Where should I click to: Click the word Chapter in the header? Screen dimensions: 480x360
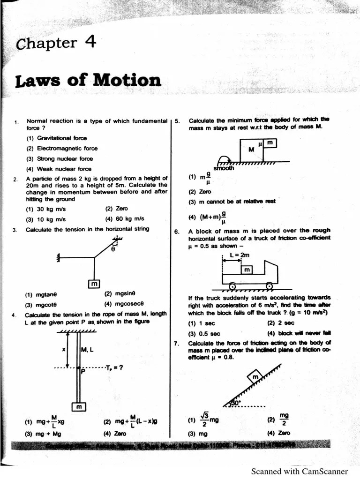click(46, 44)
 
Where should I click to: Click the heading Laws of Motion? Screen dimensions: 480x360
click(88, 80)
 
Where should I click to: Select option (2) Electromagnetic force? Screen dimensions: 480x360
click(62, 149)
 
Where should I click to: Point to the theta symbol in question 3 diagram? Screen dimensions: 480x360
click(112, 249)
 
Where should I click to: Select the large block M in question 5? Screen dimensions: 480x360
click(251, 150)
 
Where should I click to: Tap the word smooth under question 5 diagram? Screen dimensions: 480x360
click(224, 168)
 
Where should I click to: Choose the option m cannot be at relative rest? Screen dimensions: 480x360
click(232, 202)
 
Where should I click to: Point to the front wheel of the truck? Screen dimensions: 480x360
click(269, 285)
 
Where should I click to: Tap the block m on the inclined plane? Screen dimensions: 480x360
click(255, 376)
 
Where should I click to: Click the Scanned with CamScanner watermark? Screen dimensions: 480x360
click(299, 471)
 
